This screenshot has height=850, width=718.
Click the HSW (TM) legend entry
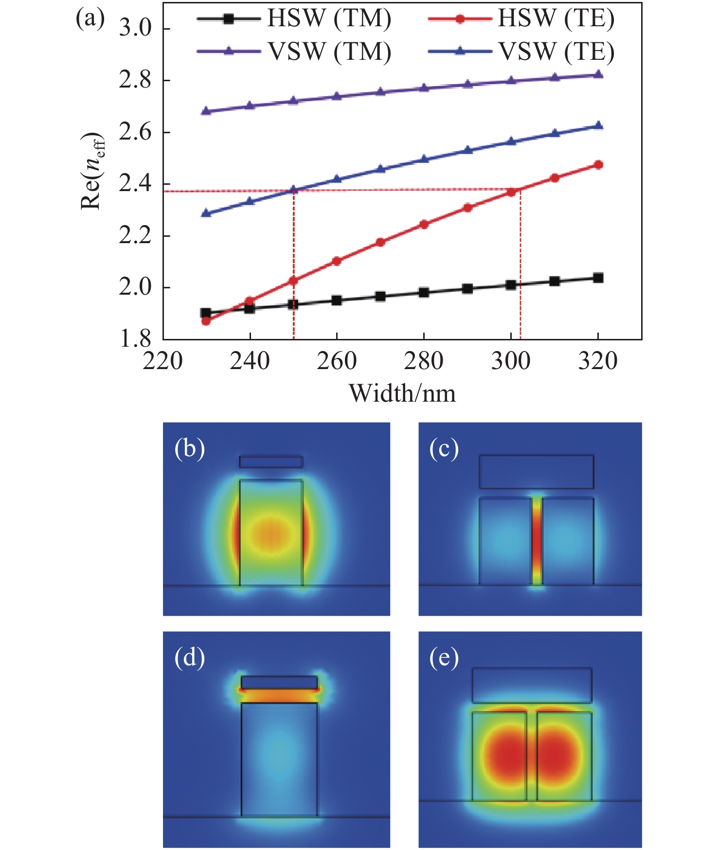(294, 19)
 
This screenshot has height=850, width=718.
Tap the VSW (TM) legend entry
(294, 52)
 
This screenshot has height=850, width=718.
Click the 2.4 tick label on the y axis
(135, 184)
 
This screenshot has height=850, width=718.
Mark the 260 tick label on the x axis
(337, 361)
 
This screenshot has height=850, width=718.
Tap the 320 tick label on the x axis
(598, 361)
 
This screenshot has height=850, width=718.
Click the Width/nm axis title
(402, 393)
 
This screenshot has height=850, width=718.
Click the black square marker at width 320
(598, 278)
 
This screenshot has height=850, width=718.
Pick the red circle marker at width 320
(598, 165)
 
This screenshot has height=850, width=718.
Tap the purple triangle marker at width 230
(206, 111)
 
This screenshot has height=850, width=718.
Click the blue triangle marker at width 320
(598, 126)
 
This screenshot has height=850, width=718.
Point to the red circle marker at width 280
(424, 224)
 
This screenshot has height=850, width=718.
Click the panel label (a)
(90, 19)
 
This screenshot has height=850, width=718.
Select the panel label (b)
(189, 448)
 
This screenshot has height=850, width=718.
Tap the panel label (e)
(444, 657)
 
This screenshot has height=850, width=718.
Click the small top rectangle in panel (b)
(271, 461)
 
